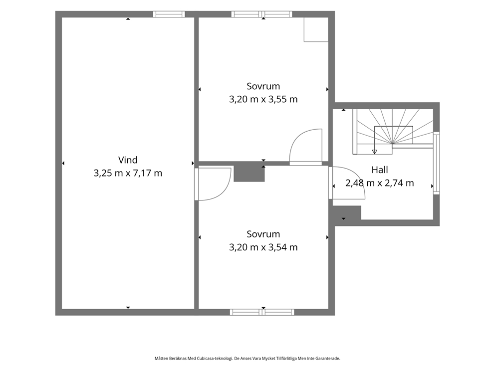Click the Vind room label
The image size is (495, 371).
click(x=128, y=160)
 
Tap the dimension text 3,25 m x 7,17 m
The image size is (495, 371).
click(x=128, y=173)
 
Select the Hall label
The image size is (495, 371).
click(x=379, y=170)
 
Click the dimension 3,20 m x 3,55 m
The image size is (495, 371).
click(x=263, y=99)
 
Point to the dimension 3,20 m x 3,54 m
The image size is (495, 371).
click(x=263, y=247)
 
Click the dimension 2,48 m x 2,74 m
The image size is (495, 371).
click(x=379, y=183)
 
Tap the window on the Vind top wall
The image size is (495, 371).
click(x=169, y=14)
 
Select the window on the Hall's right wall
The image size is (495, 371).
click(x=436, y=163)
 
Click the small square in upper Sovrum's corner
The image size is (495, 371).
click(x=316, y=29)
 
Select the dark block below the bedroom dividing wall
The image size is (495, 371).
click(x=249, y=174)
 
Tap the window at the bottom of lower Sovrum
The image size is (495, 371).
click(x=262, y=312)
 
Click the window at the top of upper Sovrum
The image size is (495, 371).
click(x=261, y=14)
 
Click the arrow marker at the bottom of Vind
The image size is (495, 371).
click(x=128, y=308)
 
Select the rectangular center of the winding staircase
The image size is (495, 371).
click(x=394, y=135)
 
